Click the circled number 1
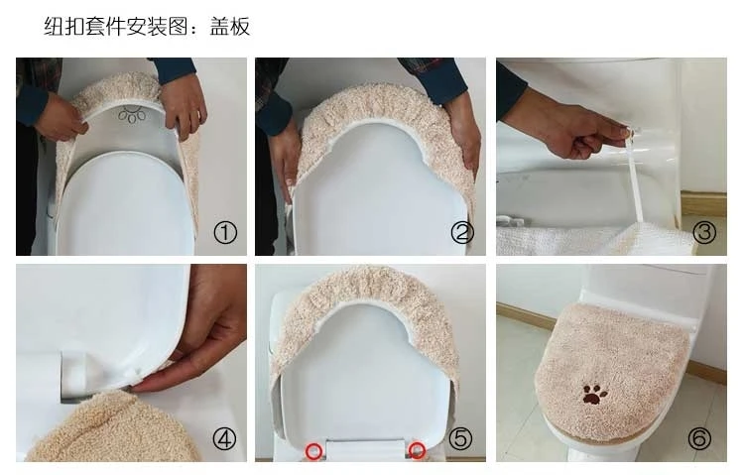(x=225, y=233)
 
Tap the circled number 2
(x=462, y=233)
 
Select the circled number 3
(x=704, y=233)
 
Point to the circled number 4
(x=224, y=439)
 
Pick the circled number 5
(x=460, y=439)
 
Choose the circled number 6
(x=699, y=439)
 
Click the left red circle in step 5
(x=313, y=450)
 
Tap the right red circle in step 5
(x=417, y=450)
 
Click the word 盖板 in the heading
(x=230, y=27)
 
